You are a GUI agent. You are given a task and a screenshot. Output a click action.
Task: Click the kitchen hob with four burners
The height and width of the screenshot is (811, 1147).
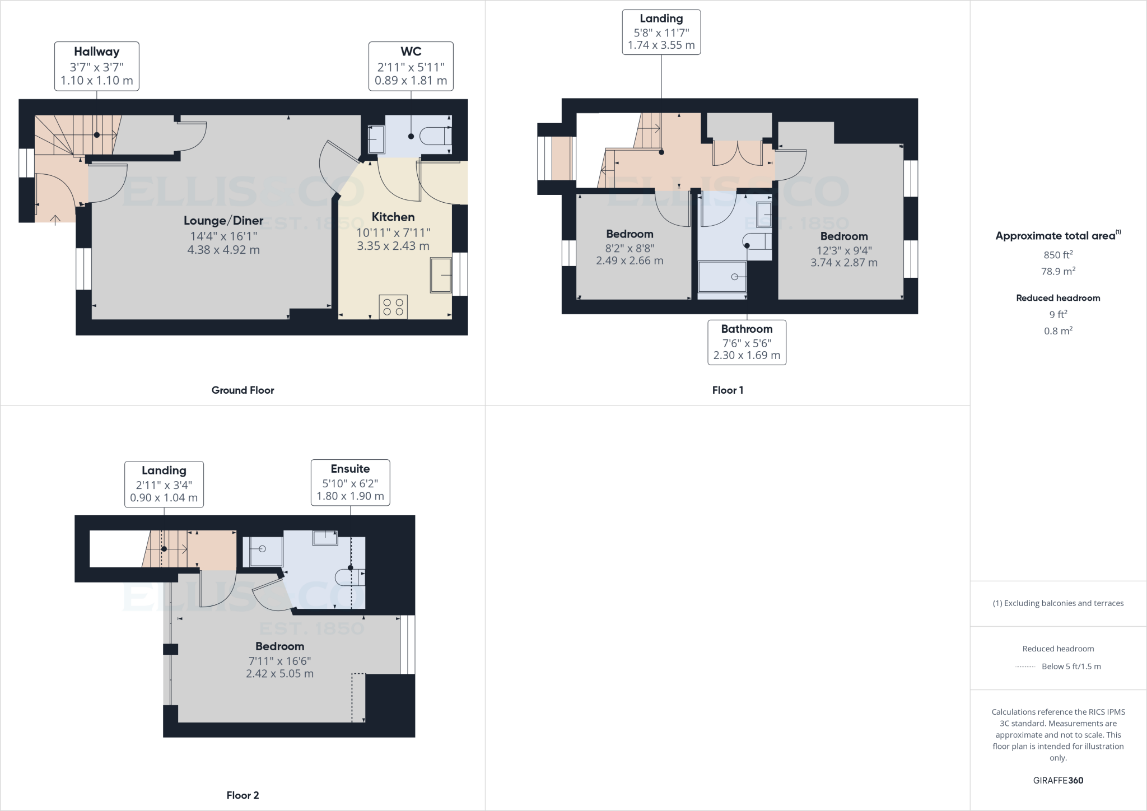tap(393, 307)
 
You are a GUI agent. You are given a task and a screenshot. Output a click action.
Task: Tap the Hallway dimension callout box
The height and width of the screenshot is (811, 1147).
tap(97, 66)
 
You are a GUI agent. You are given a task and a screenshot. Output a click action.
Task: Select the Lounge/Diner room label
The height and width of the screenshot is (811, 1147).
tap(223, 221)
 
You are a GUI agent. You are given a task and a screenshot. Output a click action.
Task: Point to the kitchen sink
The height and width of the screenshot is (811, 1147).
tap(441, 275)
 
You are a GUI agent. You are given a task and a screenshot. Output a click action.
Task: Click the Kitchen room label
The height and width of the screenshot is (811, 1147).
tap(393, 217)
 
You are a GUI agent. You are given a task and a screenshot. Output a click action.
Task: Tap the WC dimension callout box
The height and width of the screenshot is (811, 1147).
tap(411, 66)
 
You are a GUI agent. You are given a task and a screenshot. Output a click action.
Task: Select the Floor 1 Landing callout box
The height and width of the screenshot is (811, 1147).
tap(661, 32)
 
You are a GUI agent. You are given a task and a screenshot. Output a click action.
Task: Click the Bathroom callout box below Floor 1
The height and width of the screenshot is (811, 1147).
tap(747, 342)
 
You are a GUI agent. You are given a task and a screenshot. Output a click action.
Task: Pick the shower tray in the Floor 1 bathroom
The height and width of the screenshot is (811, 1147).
tap(722, 277)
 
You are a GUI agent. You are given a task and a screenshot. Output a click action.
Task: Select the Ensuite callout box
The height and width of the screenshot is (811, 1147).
tap(350, 482)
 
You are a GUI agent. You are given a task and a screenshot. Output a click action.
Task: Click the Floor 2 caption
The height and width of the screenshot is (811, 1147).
tap(243, 795)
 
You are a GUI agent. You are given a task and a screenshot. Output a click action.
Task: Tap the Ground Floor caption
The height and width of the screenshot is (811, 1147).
tap(243, 390)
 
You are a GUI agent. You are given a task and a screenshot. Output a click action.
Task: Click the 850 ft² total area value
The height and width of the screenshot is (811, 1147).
tap(1058, 255)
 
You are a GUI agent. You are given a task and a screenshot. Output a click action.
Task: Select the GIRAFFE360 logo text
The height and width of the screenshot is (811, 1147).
tap(1058, 780)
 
